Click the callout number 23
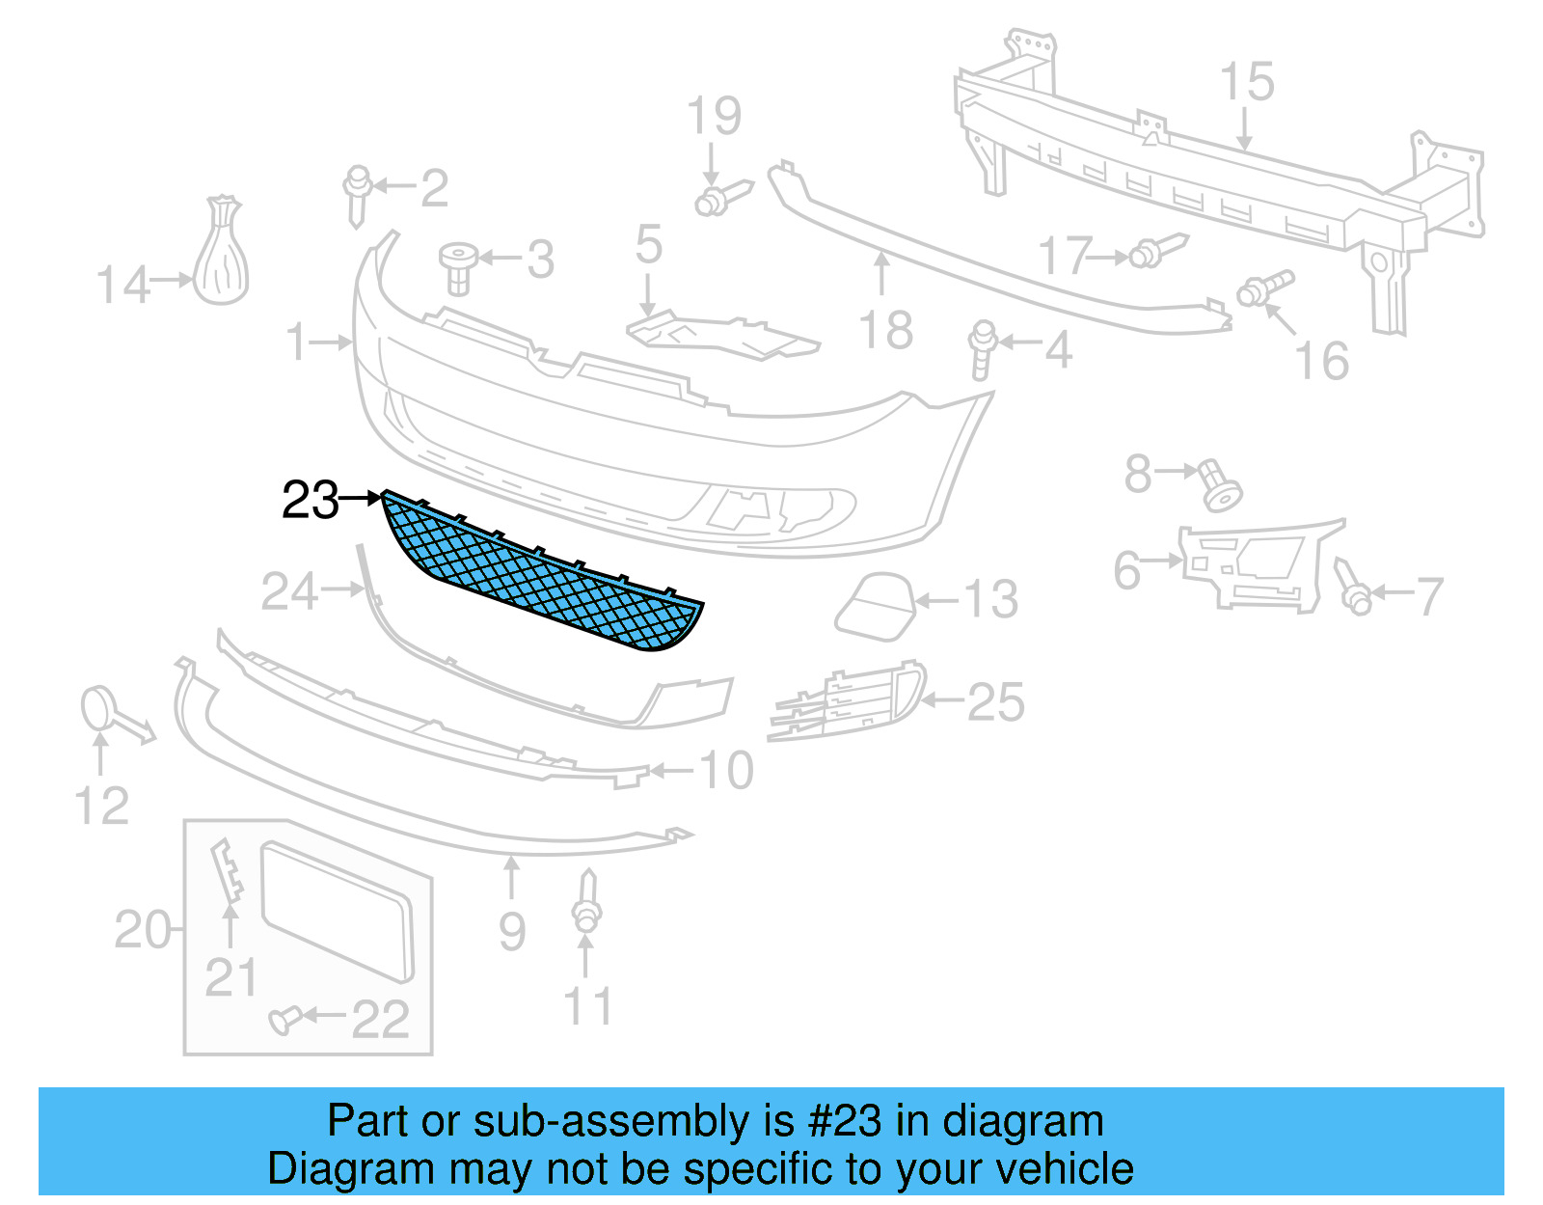[310, 501]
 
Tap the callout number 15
[1246, 82]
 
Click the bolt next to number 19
[719, 199]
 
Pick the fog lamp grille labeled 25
[849, 700]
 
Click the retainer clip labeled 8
[1218, 485]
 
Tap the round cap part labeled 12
[97, 709]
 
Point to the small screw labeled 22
[284, 1018]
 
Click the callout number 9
[512, 932]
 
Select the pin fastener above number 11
[586, 903]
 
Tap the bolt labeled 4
[983, 349]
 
